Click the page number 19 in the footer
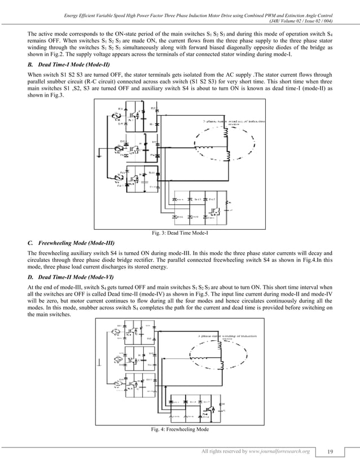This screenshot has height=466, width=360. click(x=329, y=452)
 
